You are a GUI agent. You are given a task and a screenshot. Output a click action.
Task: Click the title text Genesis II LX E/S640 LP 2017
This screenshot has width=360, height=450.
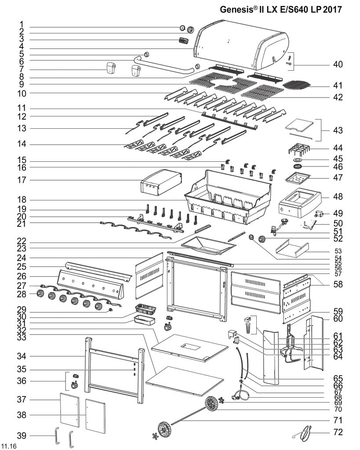280,9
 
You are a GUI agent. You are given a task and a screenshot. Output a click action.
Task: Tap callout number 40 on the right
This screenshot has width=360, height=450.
337,65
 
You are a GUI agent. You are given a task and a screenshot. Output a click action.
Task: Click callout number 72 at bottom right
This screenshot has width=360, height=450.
337,432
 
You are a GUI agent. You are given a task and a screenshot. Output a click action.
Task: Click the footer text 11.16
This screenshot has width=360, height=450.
9,446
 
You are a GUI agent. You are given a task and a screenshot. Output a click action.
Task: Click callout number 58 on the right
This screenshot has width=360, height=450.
337,284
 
